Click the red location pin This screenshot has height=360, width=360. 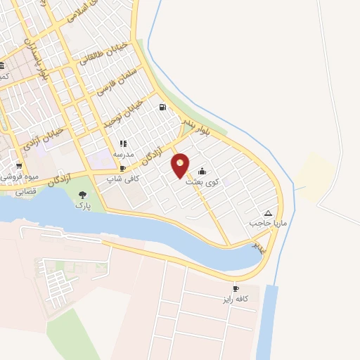coord(180,165)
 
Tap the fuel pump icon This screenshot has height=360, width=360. coord(163,108)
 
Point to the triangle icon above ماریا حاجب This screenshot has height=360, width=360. coord(267,213)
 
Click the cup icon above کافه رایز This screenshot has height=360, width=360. coord(236,289)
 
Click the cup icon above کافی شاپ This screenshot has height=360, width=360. coord(122,169)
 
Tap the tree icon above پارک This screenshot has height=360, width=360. coord(83,195)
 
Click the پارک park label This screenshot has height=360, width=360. coord(83,206)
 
